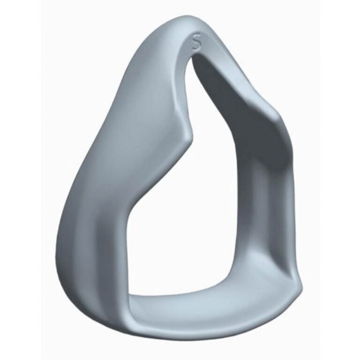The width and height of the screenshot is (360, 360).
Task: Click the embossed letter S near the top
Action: tap(196, 41)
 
